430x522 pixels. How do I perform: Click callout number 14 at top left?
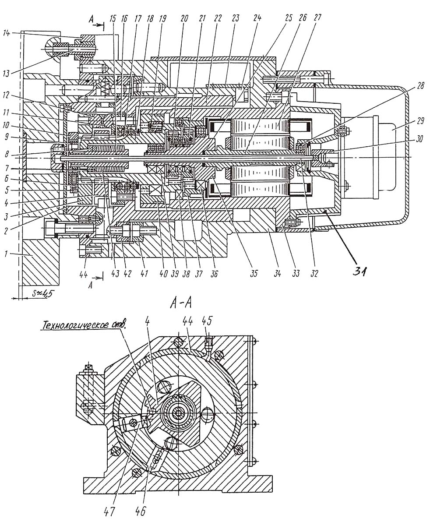pyautogui.click(x=6, y=33)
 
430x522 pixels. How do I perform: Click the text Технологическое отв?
pyautogui.click(x=84, y=325)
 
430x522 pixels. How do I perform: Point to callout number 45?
pyautogui.click(x=206, y=321)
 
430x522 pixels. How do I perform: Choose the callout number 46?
pyautogui.click(x=141, y=511)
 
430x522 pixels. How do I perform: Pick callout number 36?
pyautogui.click(x=214, y=274)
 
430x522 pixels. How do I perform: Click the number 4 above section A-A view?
pyautogui.click(x=148, y=321)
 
